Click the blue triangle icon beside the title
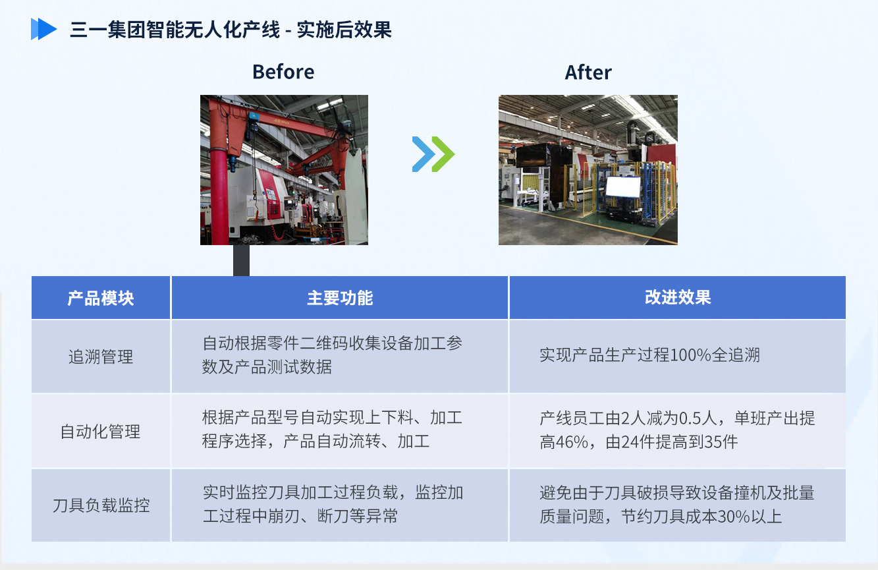43,29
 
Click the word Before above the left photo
283,72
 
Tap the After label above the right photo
588,72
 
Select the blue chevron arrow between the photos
424,154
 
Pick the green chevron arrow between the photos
443,154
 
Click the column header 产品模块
101,299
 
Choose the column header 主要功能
340,298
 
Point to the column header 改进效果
678,298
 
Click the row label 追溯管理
101,356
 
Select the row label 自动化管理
100,432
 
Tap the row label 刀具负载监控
101,505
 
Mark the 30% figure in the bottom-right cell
734,517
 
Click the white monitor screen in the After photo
623,186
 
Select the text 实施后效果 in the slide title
344,30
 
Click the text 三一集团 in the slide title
107,30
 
